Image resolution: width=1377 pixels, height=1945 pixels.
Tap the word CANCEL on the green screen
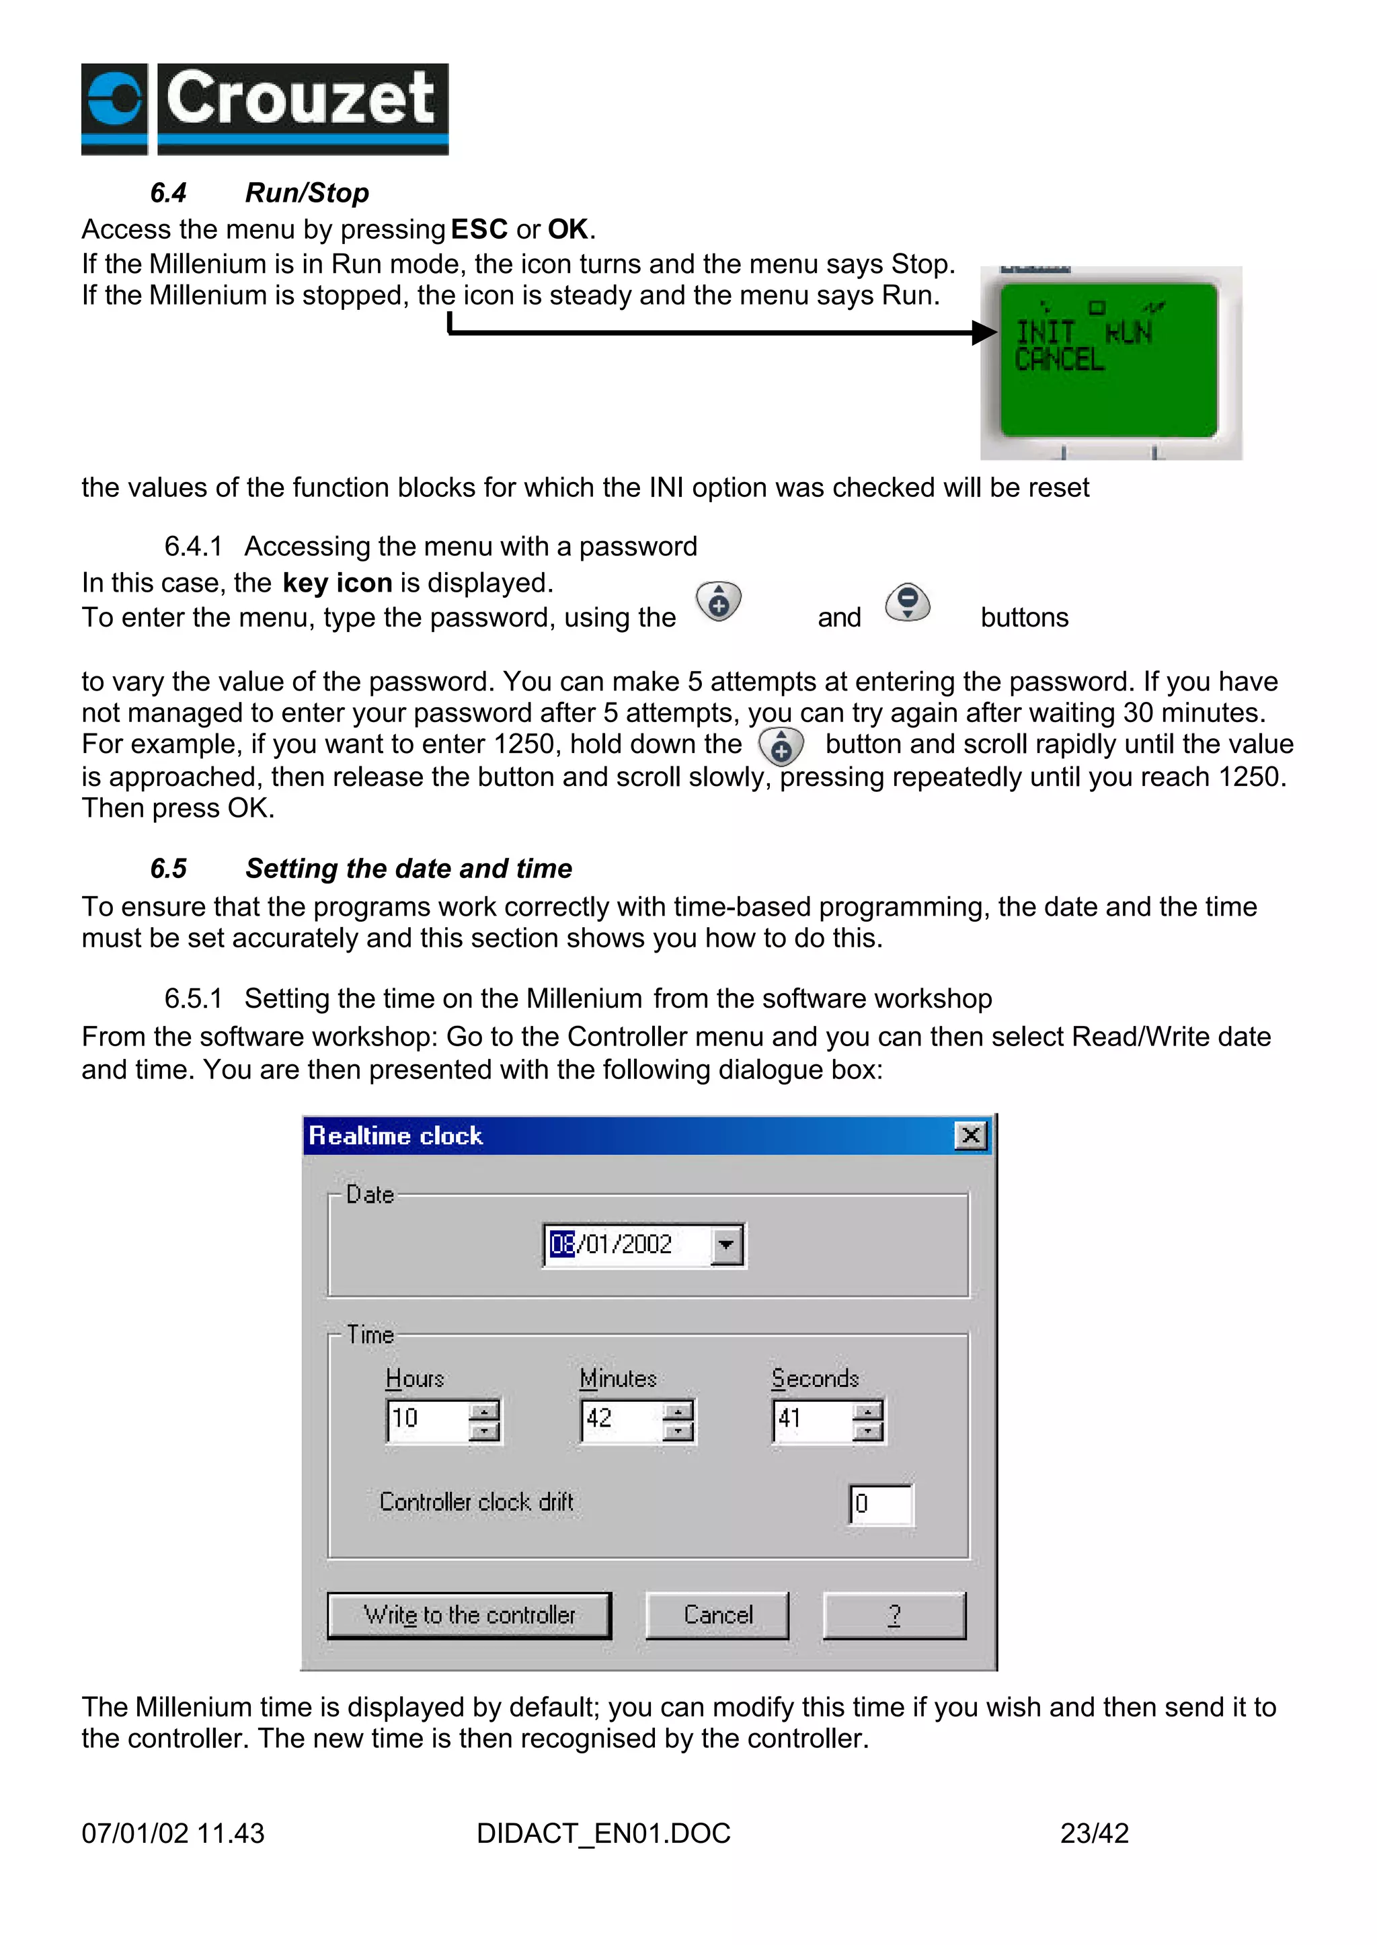pyautogui.click(x=1059, y=360)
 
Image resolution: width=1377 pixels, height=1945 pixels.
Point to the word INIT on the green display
pyautogui.click(x=1045, y=331)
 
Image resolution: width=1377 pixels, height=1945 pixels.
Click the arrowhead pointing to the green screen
pyautogui.click(x=984, y=332)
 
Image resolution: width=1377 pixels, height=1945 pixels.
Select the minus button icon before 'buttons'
pyautogui.click(x=907, y=602)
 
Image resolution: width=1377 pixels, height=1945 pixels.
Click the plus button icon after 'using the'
pyautogui.click(x=719, y=602)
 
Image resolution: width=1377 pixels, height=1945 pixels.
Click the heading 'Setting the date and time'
pyautogui.click(x=408, y=868)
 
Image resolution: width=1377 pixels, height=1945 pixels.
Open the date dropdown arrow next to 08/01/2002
pyautogui.click(x=725, y=1246)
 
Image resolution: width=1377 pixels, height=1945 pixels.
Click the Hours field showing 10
pyautogui.click(x=426, y=1419)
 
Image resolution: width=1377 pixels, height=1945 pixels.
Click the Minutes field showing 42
pyautogui.click(x=621, y=1419)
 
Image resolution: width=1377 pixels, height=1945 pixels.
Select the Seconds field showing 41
pyautogui.click(x=812, y=1419)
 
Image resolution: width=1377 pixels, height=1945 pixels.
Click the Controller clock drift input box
pyautogui.click(x=881, y=1504)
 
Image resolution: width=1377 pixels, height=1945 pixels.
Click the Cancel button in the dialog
pyautogui.click(x=717, y=1615)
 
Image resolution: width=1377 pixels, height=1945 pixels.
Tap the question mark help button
pyautogui.click(x=894, y=1615)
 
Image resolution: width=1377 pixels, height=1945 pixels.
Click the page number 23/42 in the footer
pyautogui.click(x=1094, y=1833)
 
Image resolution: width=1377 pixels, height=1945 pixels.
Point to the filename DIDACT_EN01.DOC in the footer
pyautogui.click(x=603, y=1833)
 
